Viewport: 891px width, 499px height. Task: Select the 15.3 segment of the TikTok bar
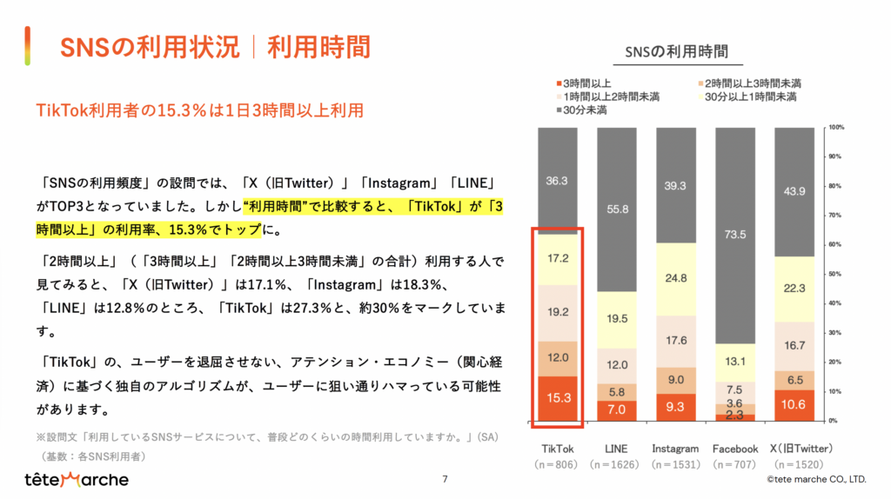coord(557,398)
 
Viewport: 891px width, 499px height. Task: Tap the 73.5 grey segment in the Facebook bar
coord(735,235)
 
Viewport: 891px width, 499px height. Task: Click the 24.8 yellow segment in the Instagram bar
coord(675,278)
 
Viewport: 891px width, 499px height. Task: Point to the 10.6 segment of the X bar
coord(794,404)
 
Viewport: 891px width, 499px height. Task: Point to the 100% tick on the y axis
coord(834,127)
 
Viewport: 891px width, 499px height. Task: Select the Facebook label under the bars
coord(735,449)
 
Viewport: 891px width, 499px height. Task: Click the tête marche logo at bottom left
coord(77,480)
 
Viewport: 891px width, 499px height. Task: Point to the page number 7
coord(445,479)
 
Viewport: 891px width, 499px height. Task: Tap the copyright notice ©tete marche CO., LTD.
coord(815,479)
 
